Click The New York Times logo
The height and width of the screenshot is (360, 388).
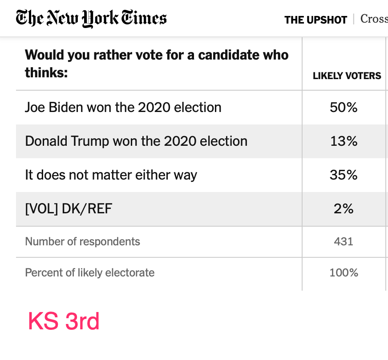point(91,19)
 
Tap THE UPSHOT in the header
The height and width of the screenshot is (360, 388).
point(315,20)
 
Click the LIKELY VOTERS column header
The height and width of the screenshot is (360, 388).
point(347,76)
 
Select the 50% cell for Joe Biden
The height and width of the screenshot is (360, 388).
point(344,108)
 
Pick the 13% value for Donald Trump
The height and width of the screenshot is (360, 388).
point(344,141)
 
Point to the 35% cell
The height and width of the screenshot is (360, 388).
point(344,175)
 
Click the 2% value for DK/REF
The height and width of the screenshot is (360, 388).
point(344,209)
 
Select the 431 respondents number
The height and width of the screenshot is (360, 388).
point(344,242)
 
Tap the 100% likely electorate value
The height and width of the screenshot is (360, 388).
point(344,272)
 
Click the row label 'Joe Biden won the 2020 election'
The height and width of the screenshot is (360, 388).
point(123,108)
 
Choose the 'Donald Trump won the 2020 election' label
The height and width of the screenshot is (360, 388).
point(136,141)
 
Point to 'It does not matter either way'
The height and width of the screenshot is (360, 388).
point(111,175)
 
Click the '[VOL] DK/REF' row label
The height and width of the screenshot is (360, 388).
point(69,209)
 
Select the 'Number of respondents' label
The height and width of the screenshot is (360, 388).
point(82,242)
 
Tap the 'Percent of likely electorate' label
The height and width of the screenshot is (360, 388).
point(90,272)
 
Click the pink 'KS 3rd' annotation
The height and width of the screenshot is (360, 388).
point(64,321)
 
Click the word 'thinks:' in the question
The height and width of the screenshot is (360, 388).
point(46,72)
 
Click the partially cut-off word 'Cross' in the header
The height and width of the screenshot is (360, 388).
point(374,19)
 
